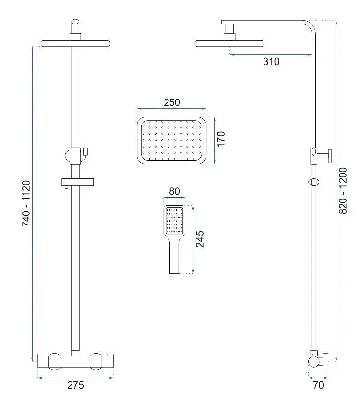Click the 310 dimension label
[x=271, y=62]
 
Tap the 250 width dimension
[x=172, y=102]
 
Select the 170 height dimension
[x=221, y=139]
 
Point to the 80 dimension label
[x=174, y=191]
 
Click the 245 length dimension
[x=200, y=239]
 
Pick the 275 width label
[x=76, y=385]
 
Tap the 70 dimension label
[x=318, y=385]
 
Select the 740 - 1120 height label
[x=26, y=203]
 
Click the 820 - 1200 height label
[x=343, y=191]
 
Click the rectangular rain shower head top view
[x=171, y=140]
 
